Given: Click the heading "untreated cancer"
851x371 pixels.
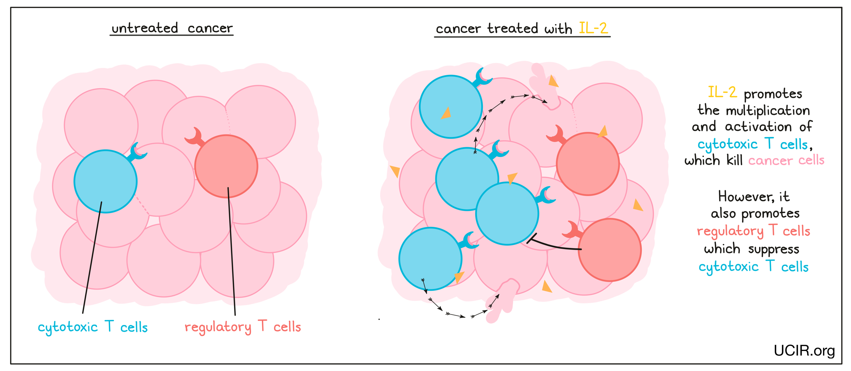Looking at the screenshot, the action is click(172, 28).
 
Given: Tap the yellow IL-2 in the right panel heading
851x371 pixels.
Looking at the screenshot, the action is click(593, 28).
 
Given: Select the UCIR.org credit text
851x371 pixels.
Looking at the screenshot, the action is click(804, 350).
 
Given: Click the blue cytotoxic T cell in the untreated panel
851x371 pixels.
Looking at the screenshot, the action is click(105, 181).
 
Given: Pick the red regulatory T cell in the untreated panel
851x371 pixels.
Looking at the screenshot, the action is click(226, 166).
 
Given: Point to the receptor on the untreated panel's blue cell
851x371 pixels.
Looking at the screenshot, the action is click(137, 153).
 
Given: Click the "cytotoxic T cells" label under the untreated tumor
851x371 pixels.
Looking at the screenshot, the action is click(93, 327).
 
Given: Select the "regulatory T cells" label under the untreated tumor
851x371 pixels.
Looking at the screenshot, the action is click(243, 327).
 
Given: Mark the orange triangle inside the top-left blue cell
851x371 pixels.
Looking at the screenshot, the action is click(446, 113).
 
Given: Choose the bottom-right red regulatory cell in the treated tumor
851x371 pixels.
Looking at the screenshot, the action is click(610, 250).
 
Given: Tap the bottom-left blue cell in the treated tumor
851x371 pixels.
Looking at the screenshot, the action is click(430, 259).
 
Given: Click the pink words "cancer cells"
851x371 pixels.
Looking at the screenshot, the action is click(786, 160).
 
